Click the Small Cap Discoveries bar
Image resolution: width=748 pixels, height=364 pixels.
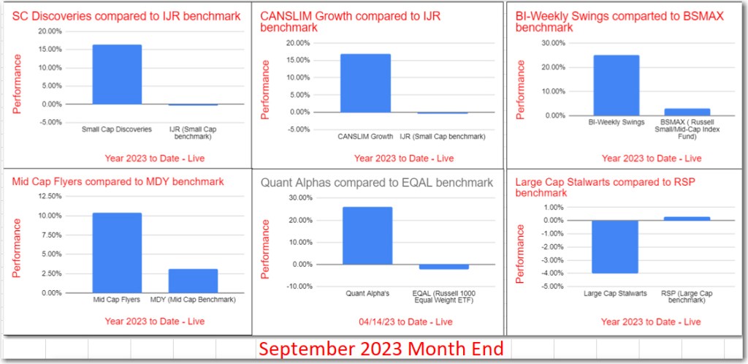(117, 75)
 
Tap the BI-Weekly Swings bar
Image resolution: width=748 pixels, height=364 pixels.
(616, 85)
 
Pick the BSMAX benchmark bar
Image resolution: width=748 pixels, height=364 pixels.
(687, 111)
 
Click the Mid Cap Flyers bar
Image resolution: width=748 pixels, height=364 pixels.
(117, 253)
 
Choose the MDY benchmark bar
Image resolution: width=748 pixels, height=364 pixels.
(193, 281)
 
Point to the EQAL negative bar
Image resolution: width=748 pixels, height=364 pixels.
(443, 267)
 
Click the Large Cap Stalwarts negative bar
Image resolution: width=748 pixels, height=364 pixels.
(616, 246)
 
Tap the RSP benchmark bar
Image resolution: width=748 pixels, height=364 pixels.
(687, 218)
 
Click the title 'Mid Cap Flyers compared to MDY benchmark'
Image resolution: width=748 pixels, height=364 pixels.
(117, 181)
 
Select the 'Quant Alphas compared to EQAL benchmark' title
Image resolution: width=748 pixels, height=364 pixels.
(377, 183)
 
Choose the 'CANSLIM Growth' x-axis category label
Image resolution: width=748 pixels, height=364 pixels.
(366, 136)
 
